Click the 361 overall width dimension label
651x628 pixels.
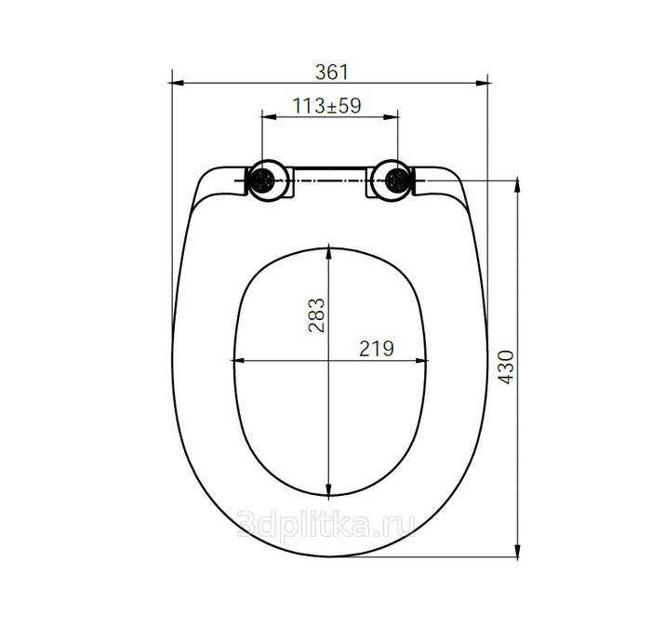point(332,73)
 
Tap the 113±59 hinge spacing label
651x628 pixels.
point(327,106)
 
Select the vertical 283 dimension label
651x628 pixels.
point(316,314)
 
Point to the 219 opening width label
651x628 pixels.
point(376,349)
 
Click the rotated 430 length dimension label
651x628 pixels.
point(506,367)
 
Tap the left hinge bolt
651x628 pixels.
point(264,180)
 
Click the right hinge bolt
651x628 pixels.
point(396,180)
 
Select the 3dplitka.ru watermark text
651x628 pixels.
point(325,525)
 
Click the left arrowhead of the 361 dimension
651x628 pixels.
point(178,83)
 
